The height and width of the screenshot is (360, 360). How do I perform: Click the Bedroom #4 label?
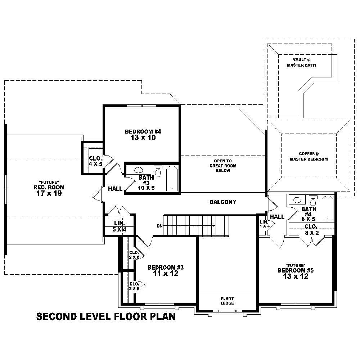(x=143, y=131)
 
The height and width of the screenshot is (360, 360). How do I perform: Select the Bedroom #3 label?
(x=166, y=267)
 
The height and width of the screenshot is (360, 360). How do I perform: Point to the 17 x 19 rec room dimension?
(x=49, y=193)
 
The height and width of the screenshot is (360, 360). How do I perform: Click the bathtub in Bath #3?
(x=172, y=179)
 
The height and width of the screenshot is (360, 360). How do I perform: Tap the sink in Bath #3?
(x=138, y=170)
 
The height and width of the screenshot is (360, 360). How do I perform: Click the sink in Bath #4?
(x=297, y=200)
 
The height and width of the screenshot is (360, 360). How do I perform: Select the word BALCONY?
(x=223, y=202)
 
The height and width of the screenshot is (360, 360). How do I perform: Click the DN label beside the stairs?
(x=159, y=226)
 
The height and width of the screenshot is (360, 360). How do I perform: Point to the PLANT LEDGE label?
(x=228, y=301)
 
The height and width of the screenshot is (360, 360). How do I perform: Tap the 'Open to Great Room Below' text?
(x=223, y=166)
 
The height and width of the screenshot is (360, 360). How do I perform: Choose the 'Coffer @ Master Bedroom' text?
(x=309, y=156)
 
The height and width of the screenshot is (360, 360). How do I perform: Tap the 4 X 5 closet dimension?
(x=96, y=164)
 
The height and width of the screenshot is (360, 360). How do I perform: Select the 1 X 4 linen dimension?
(x=265, y=226)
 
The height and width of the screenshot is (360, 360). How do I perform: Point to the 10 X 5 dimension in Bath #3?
(x=146, y=188)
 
